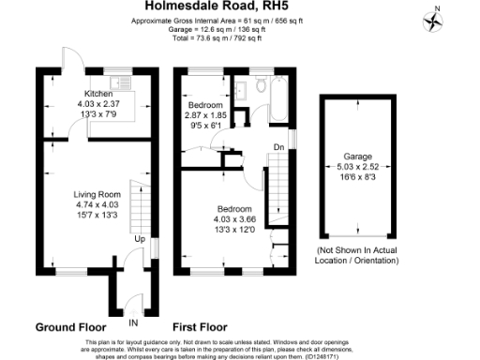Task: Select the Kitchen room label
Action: pos(99,94)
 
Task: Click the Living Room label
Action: pos(98,194)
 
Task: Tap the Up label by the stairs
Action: pos(140,239)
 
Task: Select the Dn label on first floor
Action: pos(278,147)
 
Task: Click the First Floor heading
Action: pos(199,328)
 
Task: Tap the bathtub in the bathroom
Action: pos(278,99)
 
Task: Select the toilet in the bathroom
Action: pos(258,85)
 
